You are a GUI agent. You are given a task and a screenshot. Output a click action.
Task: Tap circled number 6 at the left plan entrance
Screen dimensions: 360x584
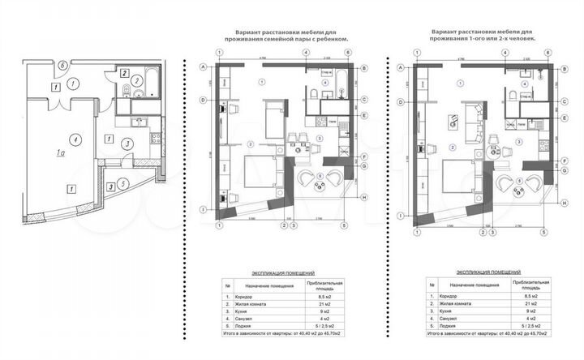62,66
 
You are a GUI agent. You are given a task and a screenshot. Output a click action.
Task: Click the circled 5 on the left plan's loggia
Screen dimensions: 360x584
122,183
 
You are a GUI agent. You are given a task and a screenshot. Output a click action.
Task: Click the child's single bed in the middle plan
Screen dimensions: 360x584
273,118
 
